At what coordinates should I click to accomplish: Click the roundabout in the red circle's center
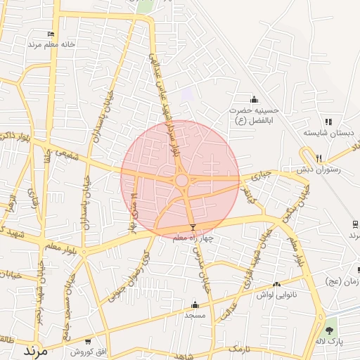(x=181, y=181)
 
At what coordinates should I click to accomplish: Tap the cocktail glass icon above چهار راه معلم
(x=193, y=228)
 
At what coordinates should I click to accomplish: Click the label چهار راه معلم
(x=193, y=238)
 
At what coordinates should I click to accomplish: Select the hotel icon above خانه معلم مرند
(x=51, y=34)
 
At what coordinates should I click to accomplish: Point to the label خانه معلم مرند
(x=51, y=44)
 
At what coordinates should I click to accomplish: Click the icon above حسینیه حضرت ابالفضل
(x=254, y=99)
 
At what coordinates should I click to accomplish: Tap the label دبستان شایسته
(x=328, y=132)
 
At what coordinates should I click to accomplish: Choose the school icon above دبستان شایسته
(x=328, y=122)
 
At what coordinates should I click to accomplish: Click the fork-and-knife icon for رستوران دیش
(x=319, y=157)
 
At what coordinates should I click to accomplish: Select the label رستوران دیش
(x=319, y=169)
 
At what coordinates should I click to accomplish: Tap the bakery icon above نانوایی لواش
(x=276, y=285)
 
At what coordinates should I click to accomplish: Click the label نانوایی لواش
(x=277, y=295)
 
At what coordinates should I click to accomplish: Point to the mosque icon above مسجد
(x=195, y=304)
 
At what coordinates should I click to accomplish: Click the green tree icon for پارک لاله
(x=330, y=329)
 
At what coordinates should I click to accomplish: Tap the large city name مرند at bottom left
(x=34, y=349)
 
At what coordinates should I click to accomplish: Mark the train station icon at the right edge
(x=356, y=224)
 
